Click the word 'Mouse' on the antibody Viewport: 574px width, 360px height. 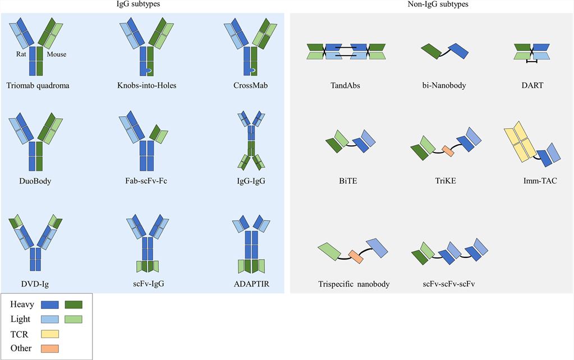coord(56,54)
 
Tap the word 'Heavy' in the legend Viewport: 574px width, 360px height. coord(22,304)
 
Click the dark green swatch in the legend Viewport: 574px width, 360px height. coord(74,304)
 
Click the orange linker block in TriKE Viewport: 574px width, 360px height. coord(448,150)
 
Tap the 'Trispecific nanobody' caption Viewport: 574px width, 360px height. coord(353,284)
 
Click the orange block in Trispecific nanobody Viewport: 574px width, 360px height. coord(356,256)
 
